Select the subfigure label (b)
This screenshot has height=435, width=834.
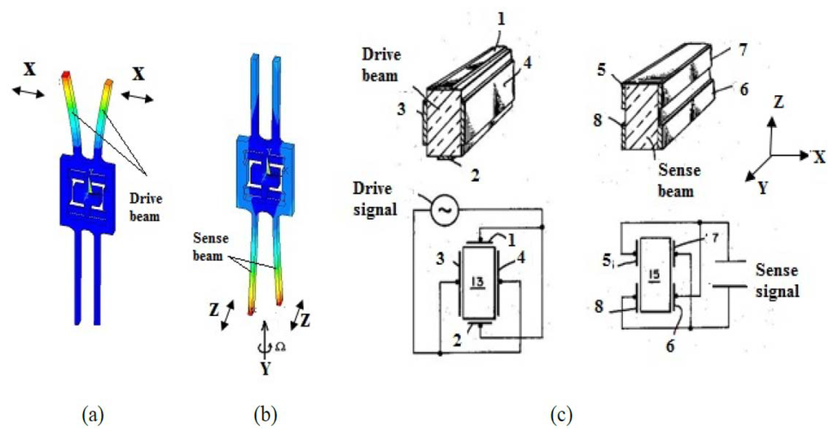click(x=266, y=415)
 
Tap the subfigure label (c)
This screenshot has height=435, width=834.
click(x=560, y=415)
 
